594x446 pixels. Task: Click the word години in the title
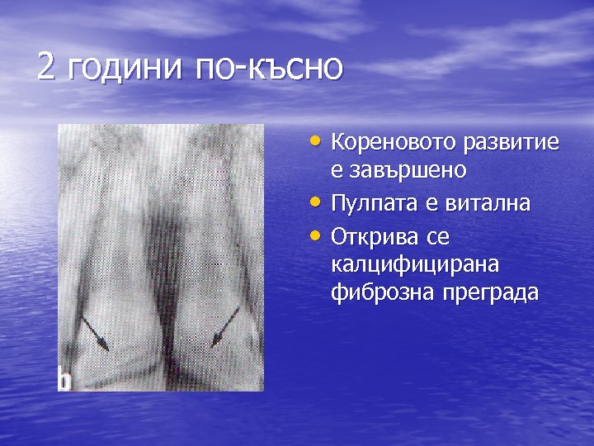coord(124,68)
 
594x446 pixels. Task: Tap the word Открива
coord(372,237)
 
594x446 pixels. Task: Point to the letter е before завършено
coord(337,172)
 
